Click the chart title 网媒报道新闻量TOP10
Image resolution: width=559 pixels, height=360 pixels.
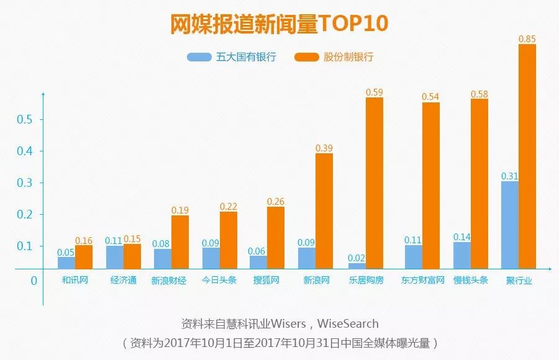coord(279,23)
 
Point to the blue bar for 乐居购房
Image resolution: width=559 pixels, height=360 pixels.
coord(357,266)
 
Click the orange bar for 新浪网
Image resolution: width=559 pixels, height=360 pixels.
coord(324,210)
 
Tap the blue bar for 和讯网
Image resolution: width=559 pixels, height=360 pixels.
coord(66,263)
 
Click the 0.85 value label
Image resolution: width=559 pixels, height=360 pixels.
coord(527,39)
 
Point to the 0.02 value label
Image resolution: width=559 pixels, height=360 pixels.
coord(357,258)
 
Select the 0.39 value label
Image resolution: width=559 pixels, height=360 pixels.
coord(324,148)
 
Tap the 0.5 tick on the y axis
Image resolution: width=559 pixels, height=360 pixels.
coord(25,119)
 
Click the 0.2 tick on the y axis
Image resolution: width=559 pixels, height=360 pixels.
coord(25,214)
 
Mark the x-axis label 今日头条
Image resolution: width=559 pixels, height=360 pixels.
coord(219,280)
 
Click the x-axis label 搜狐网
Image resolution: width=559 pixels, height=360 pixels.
coord(266,280)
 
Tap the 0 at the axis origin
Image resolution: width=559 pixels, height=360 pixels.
coord(34,281)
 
